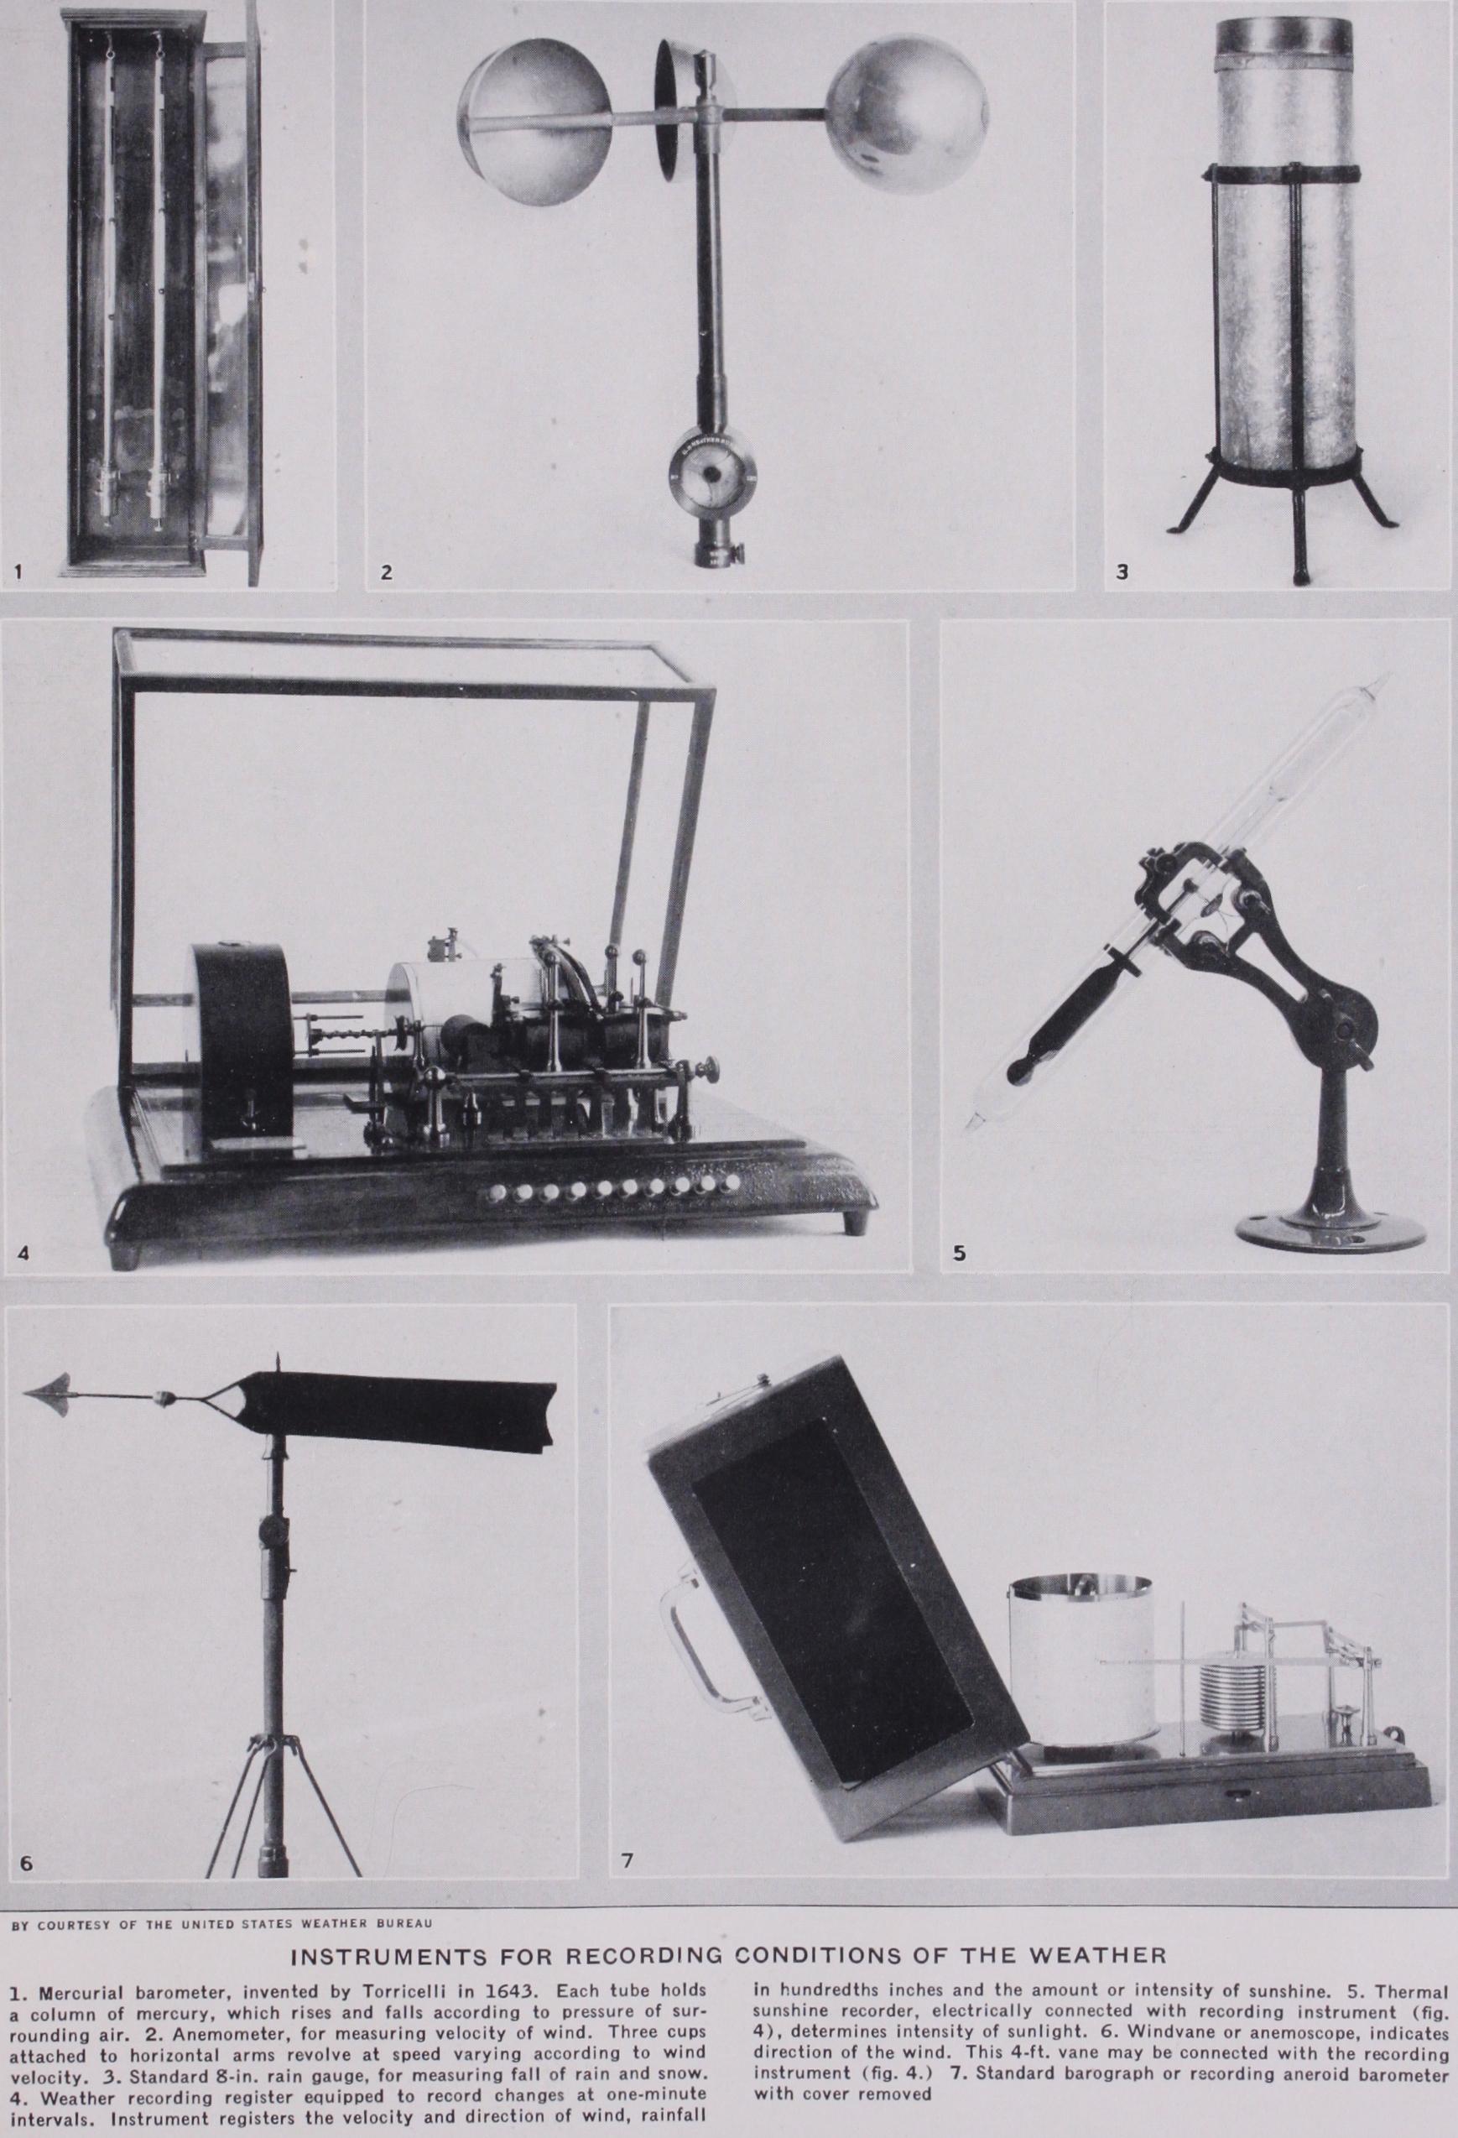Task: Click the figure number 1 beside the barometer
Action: pyautogui.click(x=18, y=572)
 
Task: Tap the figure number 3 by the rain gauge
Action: pyautogui.click(x=1122, y=572)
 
